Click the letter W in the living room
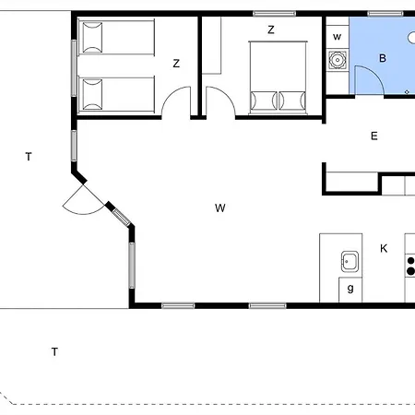(219, 207)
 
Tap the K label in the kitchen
(384, 247)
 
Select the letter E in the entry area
(373, 136)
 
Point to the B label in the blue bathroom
(382, 58)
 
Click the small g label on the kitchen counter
(350, 289)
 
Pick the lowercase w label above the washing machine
(337, 37)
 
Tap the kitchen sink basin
(350, 261)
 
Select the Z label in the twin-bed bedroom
(175, 63)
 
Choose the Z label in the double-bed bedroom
(271, 30)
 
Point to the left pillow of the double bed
(264, 100)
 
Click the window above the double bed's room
(274, 13)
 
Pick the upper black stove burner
(409, 261)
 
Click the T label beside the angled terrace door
(28, 157)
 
